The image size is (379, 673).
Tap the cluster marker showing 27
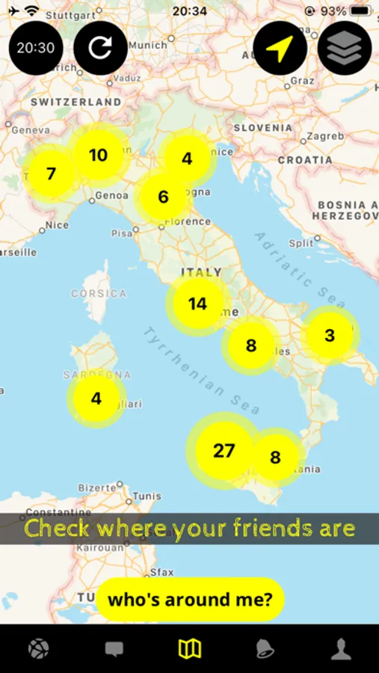224,451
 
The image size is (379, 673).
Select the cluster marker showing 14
197,304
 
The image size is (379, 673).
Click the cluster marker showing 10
98,156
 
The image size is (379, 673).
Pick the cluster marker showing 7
51,174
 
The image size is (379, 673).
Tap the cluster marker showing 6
163,197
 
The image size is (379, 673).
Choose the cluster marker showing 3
330,335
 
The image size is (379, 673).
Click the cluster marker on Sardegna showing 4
96,399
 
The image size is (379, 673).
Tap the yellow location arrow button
280,48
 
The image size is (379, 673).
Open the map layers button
345,48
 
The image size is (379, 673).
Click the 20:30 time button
36,48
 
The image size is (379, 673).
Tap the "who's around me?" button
190,599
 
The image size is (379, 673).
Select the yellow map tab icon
189,648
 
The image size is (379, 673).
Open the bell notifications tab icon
265,648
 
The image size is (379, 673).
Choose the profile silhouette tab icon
341,648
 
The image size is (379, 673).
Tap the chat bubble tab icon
114,648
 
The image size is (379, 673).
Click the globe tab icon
38,648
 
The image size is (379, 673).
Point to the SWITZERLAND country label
76,102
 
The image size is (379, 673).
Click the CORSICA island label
99,294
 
